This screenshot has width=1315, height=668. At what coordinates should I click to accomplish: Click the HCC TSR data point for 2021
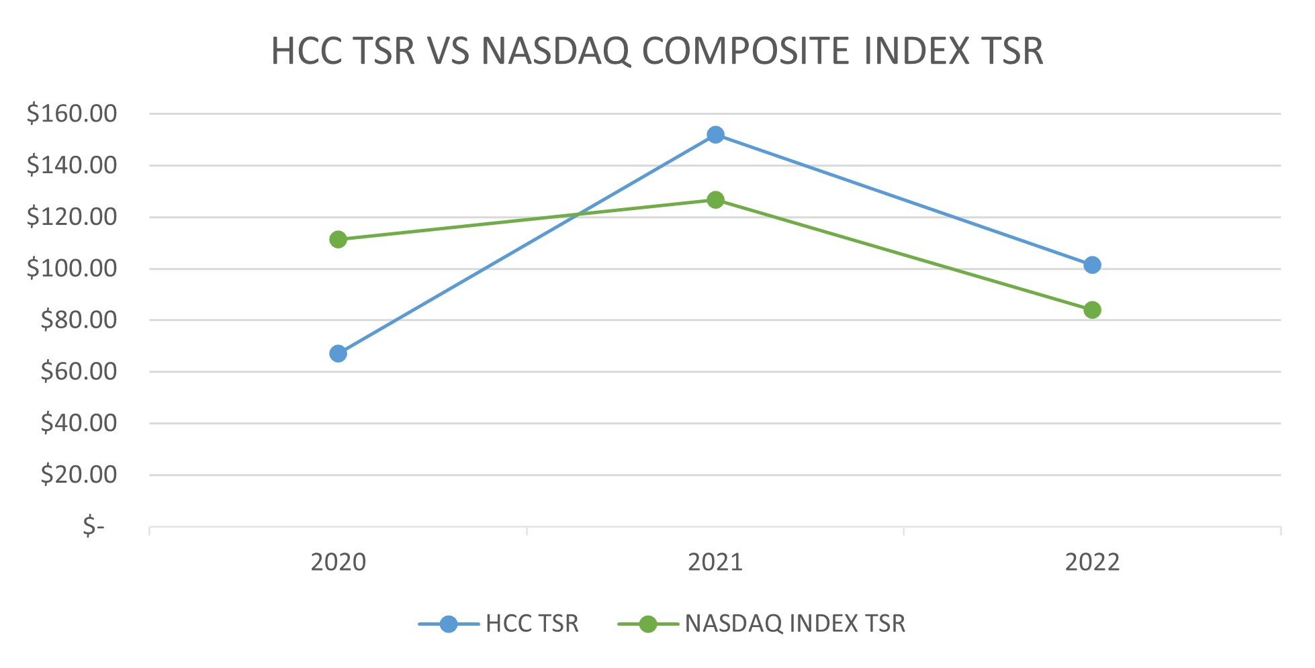(715, 135)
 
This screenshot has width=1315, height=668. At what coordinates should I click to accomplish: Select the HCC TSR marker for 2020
(338, 354)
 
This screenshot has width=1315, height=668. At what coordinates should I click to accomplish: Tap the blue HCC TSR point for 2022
(1092, 265)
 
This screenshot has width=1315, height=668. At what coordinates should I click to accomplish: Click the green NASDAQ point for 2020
(338, 240)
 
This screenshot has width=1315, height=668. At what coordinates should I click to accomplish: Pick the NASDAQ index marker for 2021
(715, 200)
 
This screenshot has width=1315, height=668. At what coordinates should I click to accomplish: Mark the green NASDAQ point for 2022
(1092, 310)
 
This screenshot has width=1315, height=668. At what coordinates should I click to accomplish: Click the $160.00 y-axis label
(72, 113)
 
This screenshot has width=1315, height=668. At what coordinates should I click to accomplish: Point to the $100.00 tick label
(72, 269)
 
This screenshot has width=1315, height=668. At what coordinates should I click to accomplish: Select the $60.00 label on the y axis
(79, 371)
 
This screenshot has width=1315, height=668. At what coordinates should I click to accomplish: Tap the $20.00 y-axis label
(79, 475)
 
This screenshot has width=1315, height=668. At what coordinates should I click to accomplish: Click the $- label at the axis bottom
(94, 526)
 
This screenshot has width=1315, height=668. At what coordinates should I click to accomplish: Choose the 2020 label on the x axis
(338, 562)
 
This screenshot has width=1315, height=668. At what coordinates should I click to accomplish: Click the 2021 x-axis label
(715, 562)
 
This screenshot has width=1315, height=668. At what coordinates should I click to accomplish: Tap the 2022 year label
(1092, 562)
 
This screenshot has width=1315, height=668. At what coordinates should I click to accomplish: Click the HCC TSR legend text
(532, 624)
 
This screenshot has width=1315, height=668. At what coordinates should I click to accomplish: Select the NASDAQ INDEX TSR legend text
(795, 624)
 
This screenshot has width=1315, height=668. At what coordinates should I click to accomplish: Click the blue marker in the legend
(449, 624)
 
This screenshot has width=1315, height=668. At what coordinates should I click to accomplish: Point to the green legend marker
(648, 624)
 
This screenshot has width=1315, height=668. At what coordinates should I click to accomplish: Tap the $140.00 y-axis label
(72, 165)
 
